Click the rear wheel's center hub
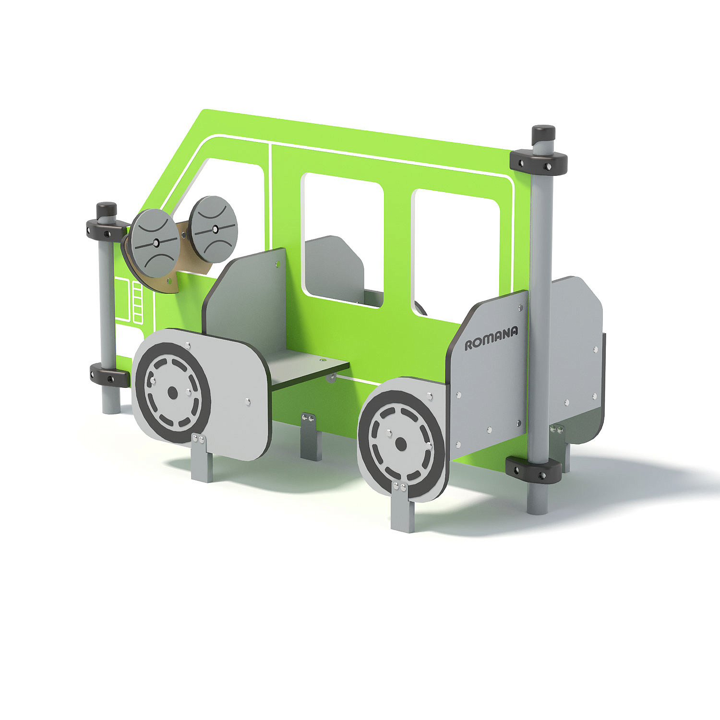point(400,444)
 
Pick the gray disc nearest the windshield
point(213,229)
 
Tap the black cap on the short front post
point(107,210)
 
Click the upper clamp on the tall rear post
point(539,162)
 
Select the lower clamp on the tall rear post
point(534,469)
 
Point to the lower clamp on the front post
point(109,375)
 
